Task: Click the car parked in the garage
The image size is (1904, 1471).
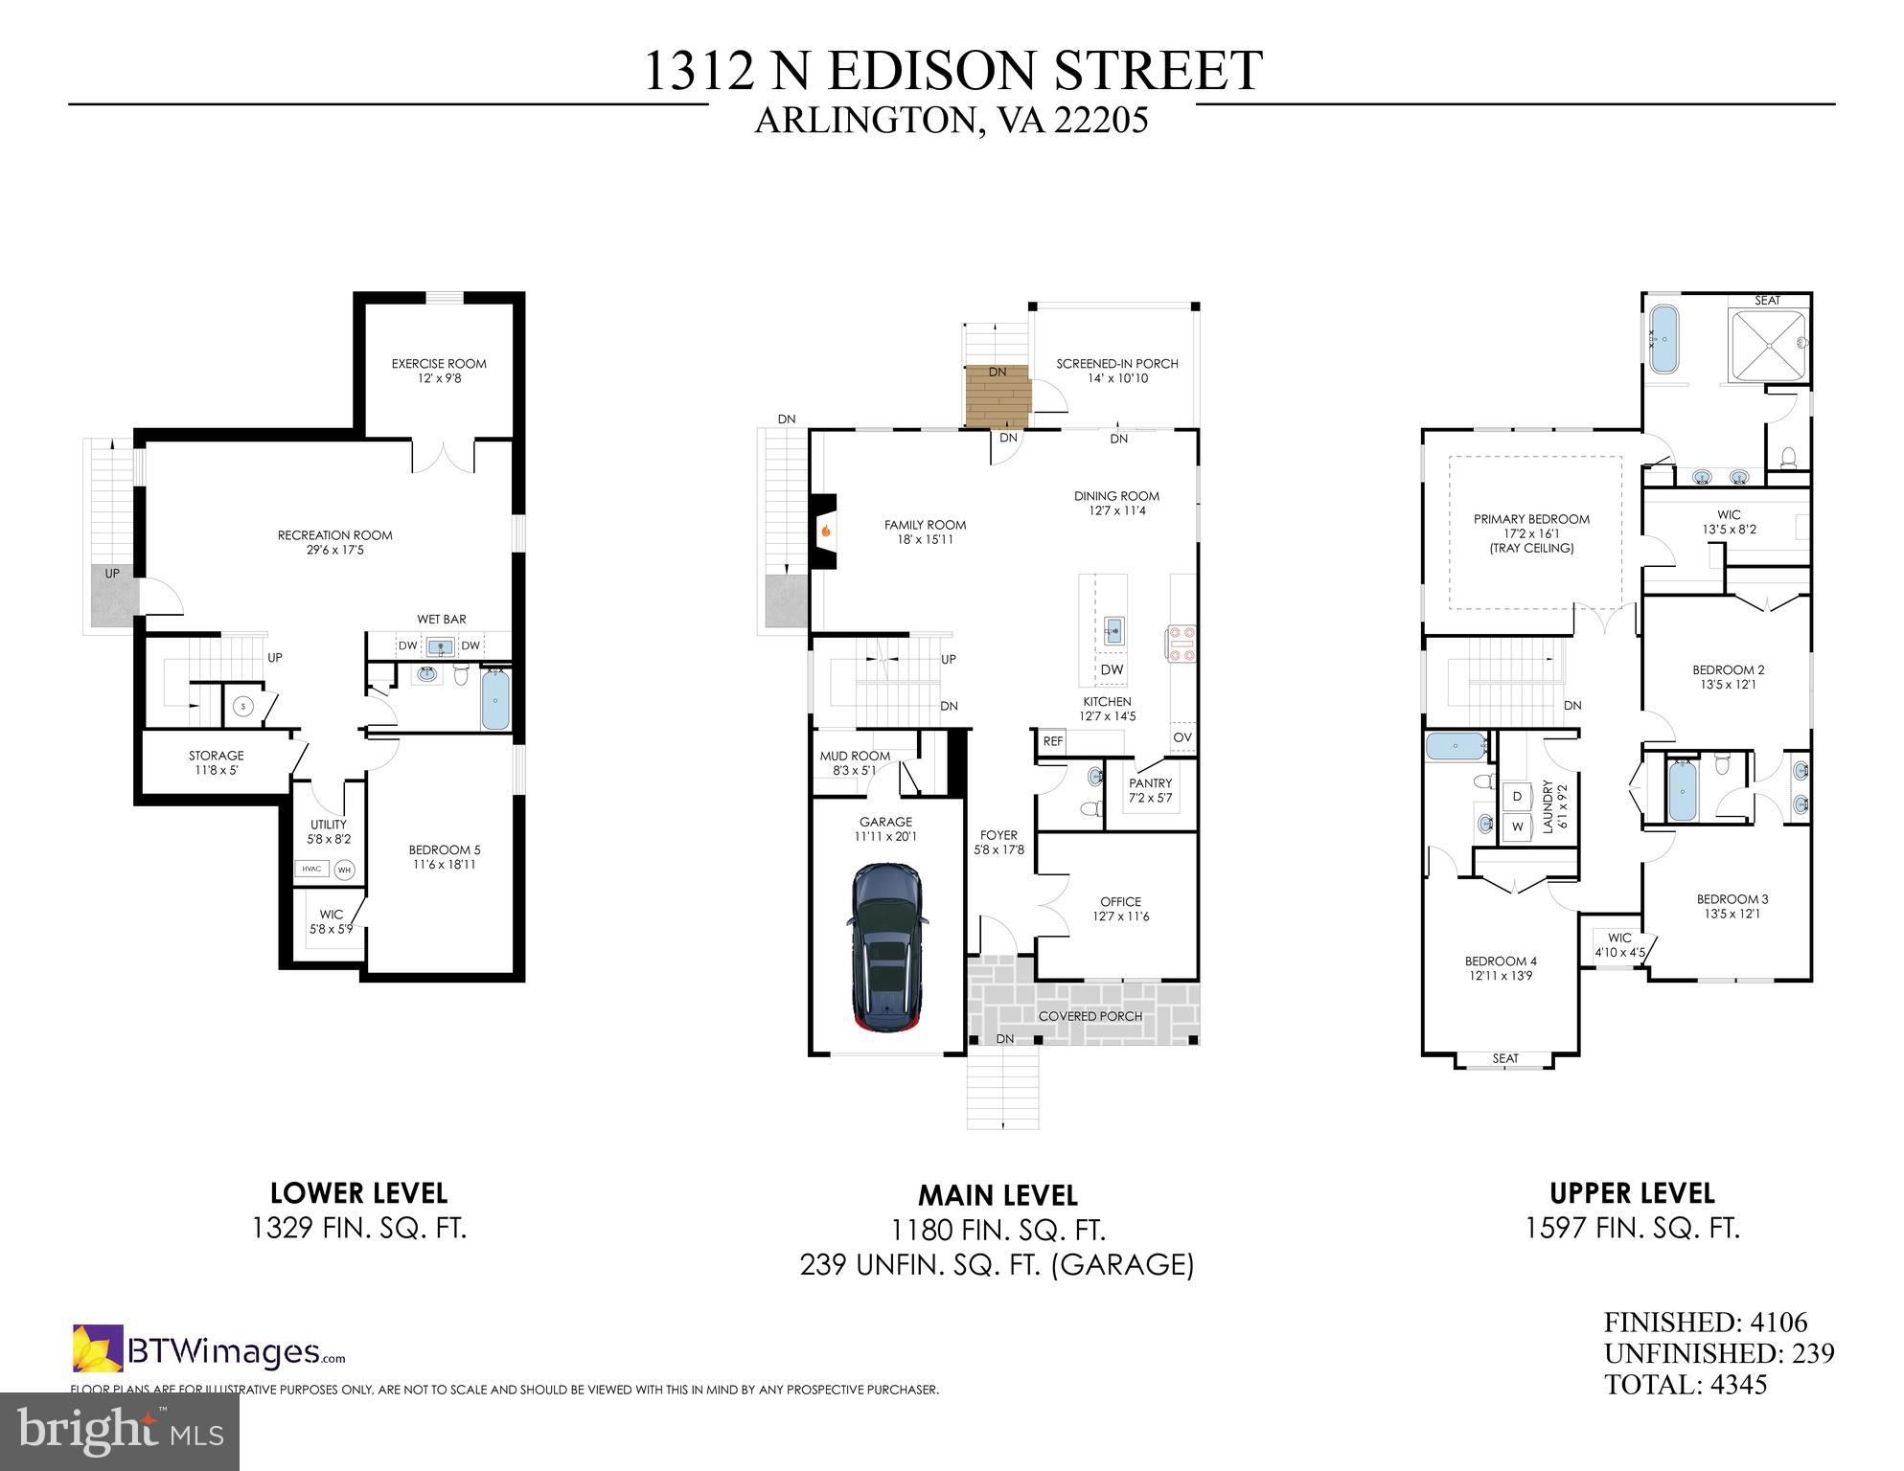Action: click(x=886, y=948)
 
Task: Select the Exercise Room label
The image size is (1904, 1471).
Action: click(x=439, y=371)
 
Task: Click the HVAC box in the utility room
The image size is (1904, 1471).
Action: click(x=312, y=869)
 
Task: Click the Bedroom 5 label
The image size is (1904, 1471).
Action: click(x=444, y=856)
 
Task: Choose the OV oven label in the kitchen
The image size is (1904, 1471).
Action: click(x=1182, y=737)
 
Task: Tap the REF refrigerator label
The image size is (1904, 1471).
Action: click(x=1053, y=741)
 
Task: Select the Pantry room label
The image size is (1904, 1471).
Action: click(x=1150, y=790)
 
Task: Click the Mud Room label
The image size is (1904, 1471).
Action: click(x=855, y=762)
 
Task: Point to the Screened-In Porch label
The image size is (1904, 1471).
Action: click(x=1117, y=371)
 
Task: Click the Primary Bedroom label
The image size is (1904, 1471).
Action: click(x=1531, y=532)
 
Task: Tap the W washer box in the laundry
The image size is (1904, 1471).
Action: click(x=1517, y=826)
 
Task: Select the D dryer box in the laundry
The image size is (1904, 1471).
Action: click(x=1517, y=796)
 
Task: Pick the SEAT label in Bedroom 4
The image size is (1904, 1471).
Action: click(x=1505, y=1058)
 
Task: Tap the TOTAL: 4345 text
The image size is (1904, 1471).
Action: click(x=1686, y=1385)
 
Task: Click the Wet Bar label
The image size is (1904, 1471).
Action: click(x=442, y=620)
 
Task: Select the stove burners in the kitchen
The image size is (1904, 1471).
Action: click(x=1180, y=644)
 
